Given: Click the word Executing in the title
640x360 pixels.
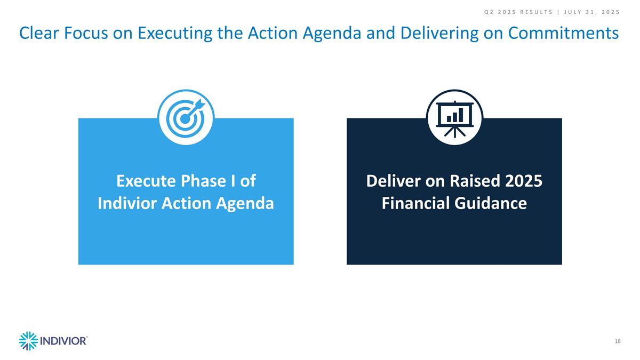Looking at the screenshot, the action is coord(175,34).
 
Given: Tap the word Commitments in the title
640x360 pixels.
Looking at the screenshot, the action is coord(563,33).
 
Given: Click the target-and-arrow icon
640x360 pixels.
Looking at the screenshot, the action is coord(186,117).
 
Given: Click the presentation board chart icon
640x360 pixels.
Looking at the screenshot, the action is coord(454,117).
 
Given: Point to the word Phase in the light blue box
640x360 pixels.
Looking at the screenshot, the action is coord(203,181).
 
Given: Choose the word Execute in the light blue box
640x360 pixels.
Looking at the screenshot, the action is coord(146,181).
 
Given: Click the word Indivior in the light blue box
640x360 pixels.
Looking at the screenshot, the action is coord(127,203).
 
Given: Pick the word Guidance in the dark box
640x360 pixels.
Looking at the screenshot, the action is coord(490,203).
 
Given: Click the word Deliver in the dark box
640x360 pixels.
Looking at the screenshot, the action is coord(393,181).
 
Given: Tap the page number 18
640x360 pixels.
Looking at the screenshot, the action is coord(618,341).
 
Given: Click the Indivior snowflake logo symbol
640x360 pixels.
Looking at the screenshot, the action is coord(28,341).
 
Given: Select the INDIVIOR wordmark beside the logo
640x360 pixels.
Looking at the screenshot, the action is coord(63,341).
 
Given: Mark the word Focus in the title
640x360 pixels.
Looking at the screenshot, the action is coord(86,33).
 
